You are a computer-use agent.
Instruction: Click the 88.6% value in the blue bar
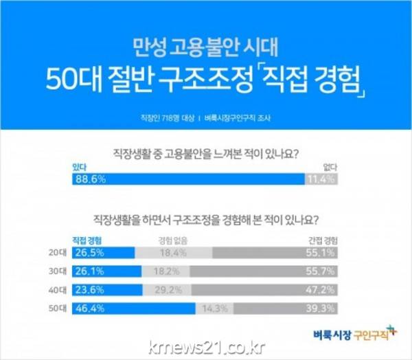coord(87,180)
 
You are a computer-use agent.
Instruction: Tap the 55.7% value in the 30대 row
coord(323,270)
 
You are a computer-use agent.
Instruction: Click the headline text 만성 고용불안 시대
coord(205,49)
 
